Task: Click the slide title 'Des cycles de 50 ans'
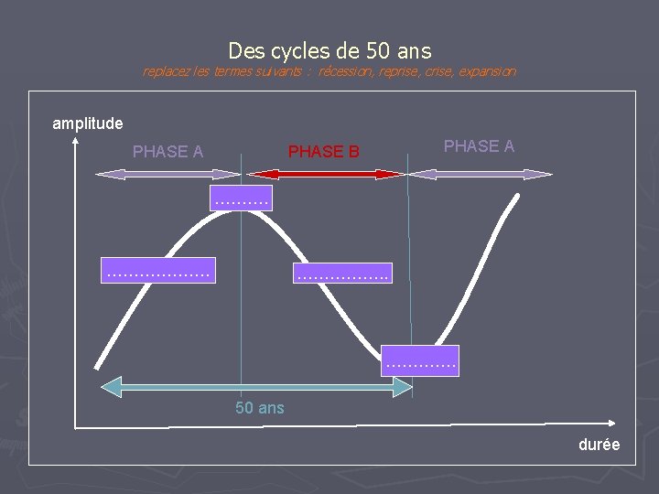329,50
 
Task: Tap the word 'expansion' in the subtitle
487,71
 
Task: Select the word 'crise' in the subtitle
438,71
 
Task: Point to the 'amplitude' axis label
88,123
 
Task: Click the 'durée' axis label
599,445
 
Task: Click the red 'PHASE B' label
324,151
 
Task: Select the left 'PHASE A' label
167,151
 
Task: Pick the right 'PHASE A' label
479,145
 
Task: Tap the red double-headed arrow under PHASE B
327,173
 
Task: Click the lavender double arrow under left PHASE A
167,173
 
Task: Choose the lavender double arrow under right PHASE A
480,173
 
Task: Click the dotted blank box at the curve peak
241,197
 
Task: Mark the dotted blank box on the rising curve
158,270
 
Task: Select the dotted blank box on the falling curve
341,270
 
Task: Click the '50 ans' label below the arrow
260,408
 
